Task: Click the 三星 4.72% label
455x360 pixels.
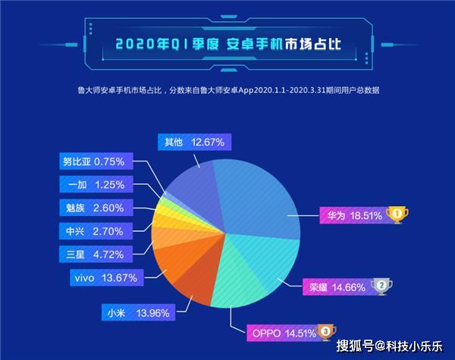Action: point(96,254)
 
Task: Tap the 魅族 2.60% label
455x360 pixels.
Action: point(96,208)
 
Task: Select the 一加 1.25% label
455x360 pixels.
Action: point(96,184)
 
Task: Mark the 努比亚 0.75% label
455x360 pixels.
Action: point(96,161)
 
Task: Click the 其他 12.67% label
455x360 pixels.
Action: point(194,141)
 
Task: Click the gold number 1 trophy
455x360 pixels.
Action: point(397,215)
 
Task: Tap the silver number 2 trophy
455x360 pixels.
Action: point(382,286)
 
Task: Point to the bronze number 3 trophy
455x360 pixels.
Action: point(325,330)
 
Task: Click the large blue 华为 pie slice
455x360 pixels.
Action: point(258,189)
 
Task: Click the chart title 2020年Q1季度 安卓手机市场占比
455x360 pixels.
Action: point(227,43)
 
